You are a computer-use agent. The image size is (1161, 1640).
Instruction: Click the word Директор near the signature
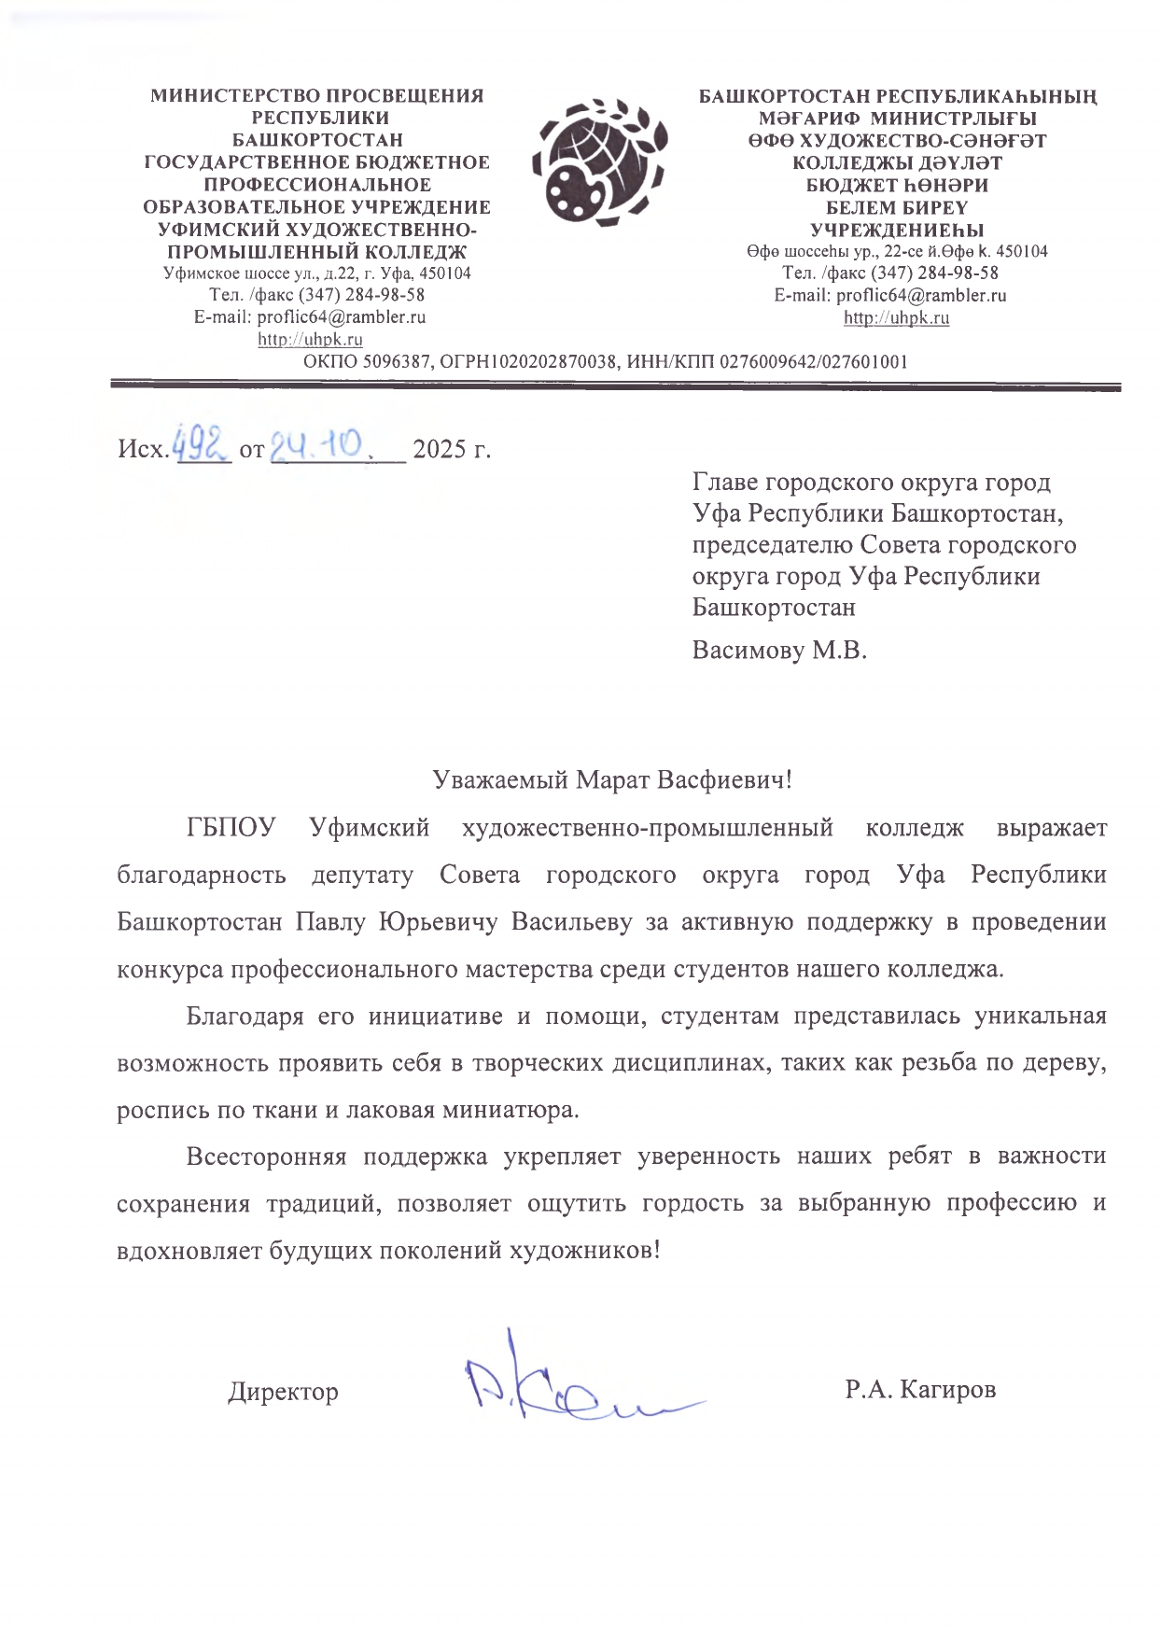point(283,1392)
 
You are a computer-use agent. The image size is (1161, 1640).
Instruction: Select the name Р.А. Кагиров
point(920,1389)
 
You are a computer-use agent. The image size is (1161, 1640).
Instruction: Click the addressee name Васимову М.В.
point(779,650)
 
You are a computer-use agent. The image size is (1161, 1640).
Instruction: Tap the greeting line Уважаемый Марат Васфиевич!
point(612,779)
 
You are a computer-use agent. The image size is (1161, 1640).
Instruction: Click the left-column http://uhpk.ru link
point(310,340)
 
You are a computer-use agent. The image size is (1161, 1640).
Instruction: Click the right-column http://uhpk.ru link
point(896,317)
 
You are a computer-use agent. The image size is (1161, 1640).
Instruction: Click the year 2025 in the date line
point(439,449)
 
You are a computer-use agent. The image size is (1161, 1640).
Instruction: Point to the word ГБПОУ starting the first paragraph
point(231,828)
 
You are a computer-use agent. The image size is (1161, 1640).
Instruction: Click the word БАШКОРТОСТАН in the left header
point(317,140)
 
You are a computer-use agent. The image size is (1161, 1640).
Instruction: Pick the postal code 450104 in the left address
point(445,273)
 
